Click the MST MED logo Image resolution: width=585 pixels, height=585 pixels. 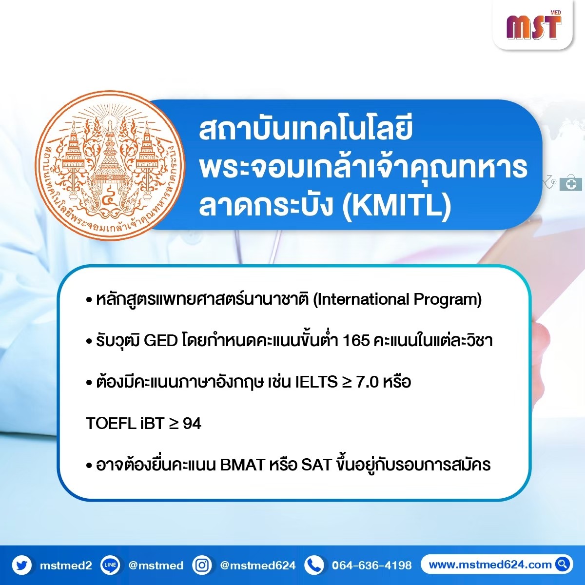point(534,25)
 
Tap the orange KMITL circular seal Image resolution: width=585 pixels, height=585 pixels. point(110,165)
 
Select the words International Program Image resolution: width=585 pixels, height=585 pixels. point(397,300)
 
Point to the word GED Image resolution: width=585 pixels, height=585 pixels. point(160,341)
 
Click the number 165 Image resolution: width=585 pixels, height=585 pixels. point(356,341)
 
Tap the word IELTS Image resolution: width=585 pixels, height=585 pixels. point(316,382)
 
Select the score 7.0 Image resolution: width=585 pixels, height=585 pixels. point(367,382)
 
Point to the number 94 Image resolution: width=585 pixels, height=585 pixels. point(192,424)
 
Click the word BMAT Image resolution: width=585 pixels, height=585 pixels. point(242,465)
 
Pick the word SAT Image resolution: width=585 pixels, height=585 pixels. point(316,465)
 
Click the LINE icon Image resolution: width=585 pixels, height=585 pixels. point(110,565)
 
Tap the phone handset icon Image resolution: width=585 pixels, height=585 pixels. point(314,565)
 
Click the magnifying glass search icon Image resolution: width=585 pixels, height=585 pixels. point(563,565)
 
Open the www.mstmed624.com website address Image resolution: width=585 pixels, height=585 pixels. point(490,565)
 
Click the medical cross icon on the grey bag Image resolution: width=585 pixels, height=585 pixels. point(571,184)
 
